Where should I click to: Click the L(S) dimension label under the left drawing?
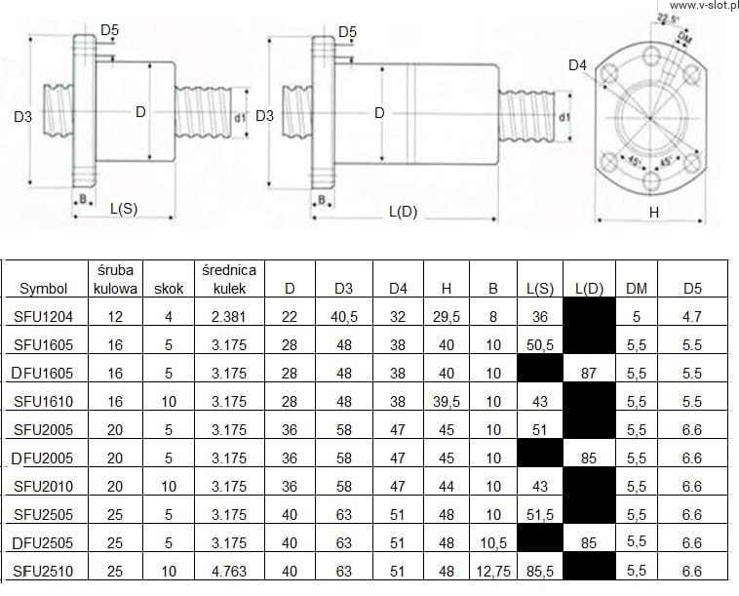click(124, 209)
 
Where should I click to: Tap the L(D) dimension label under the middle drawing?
click(404, 213)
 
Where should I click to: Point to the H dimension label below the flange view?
click(654, 213)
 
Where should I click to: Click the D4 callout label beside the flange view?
click(577, 65)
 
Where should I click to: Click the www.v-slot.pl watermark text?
click(704, 5)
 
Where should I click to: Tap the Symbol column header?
click(43, 289)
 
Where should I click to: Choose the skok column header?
click(169, 289)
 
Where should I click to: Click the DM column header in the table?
click(637, 288)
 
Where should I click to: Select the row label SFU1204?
click(43, 316)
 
